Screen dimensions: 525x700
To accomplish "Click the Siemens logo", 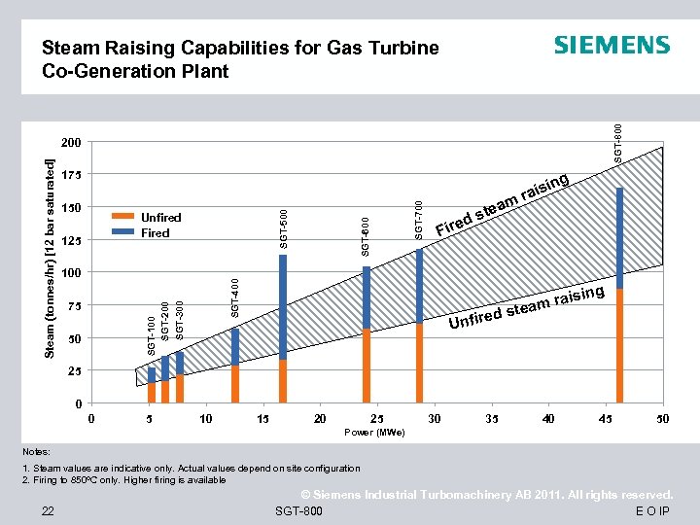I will pyautogui.click(x=612, y=46).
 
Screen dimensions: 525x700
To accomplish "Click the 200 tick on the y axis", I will pyautogui.click(x=69, y=142).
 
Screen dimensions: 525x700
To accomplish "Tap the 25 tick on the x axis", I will pyautogui.click(x=376, y=419).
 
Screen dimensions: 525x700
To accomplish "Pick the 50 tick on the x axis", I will pyautogui.click(x=662, y=419).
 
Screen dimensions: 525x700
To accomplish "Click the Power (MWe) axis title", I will pyautogui.click(x=375, y=433).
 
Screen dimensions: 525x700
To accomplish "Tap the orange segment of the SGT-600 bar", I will pyautogui.click(x=367, y=365).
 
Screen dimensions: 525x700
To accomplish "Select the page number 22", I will pyautogui.click(x=47, y=512).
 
